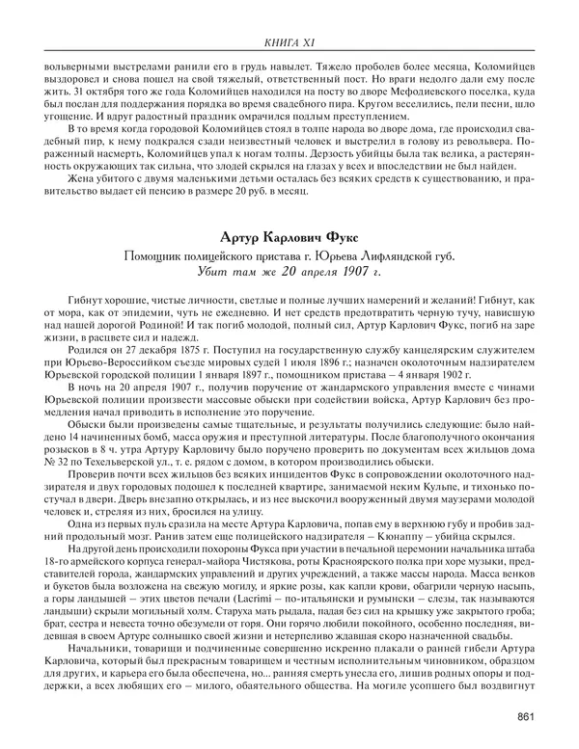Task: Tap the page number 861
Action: pyautogui.click(x=526, y=714)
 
